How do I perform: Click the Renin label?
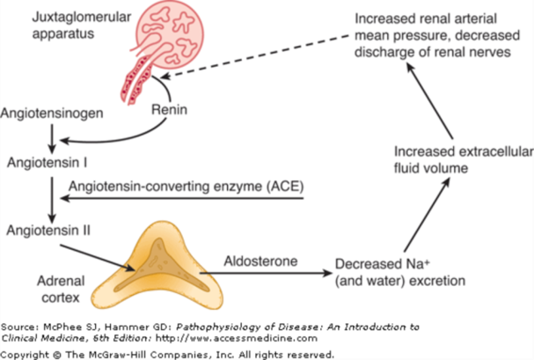click(171, 112)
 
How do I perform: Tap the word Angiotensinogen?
click(45, 114)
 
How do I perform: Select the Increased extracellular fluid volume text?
click(430, 155)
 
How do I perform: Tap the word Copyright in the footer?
click(26, 353)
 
